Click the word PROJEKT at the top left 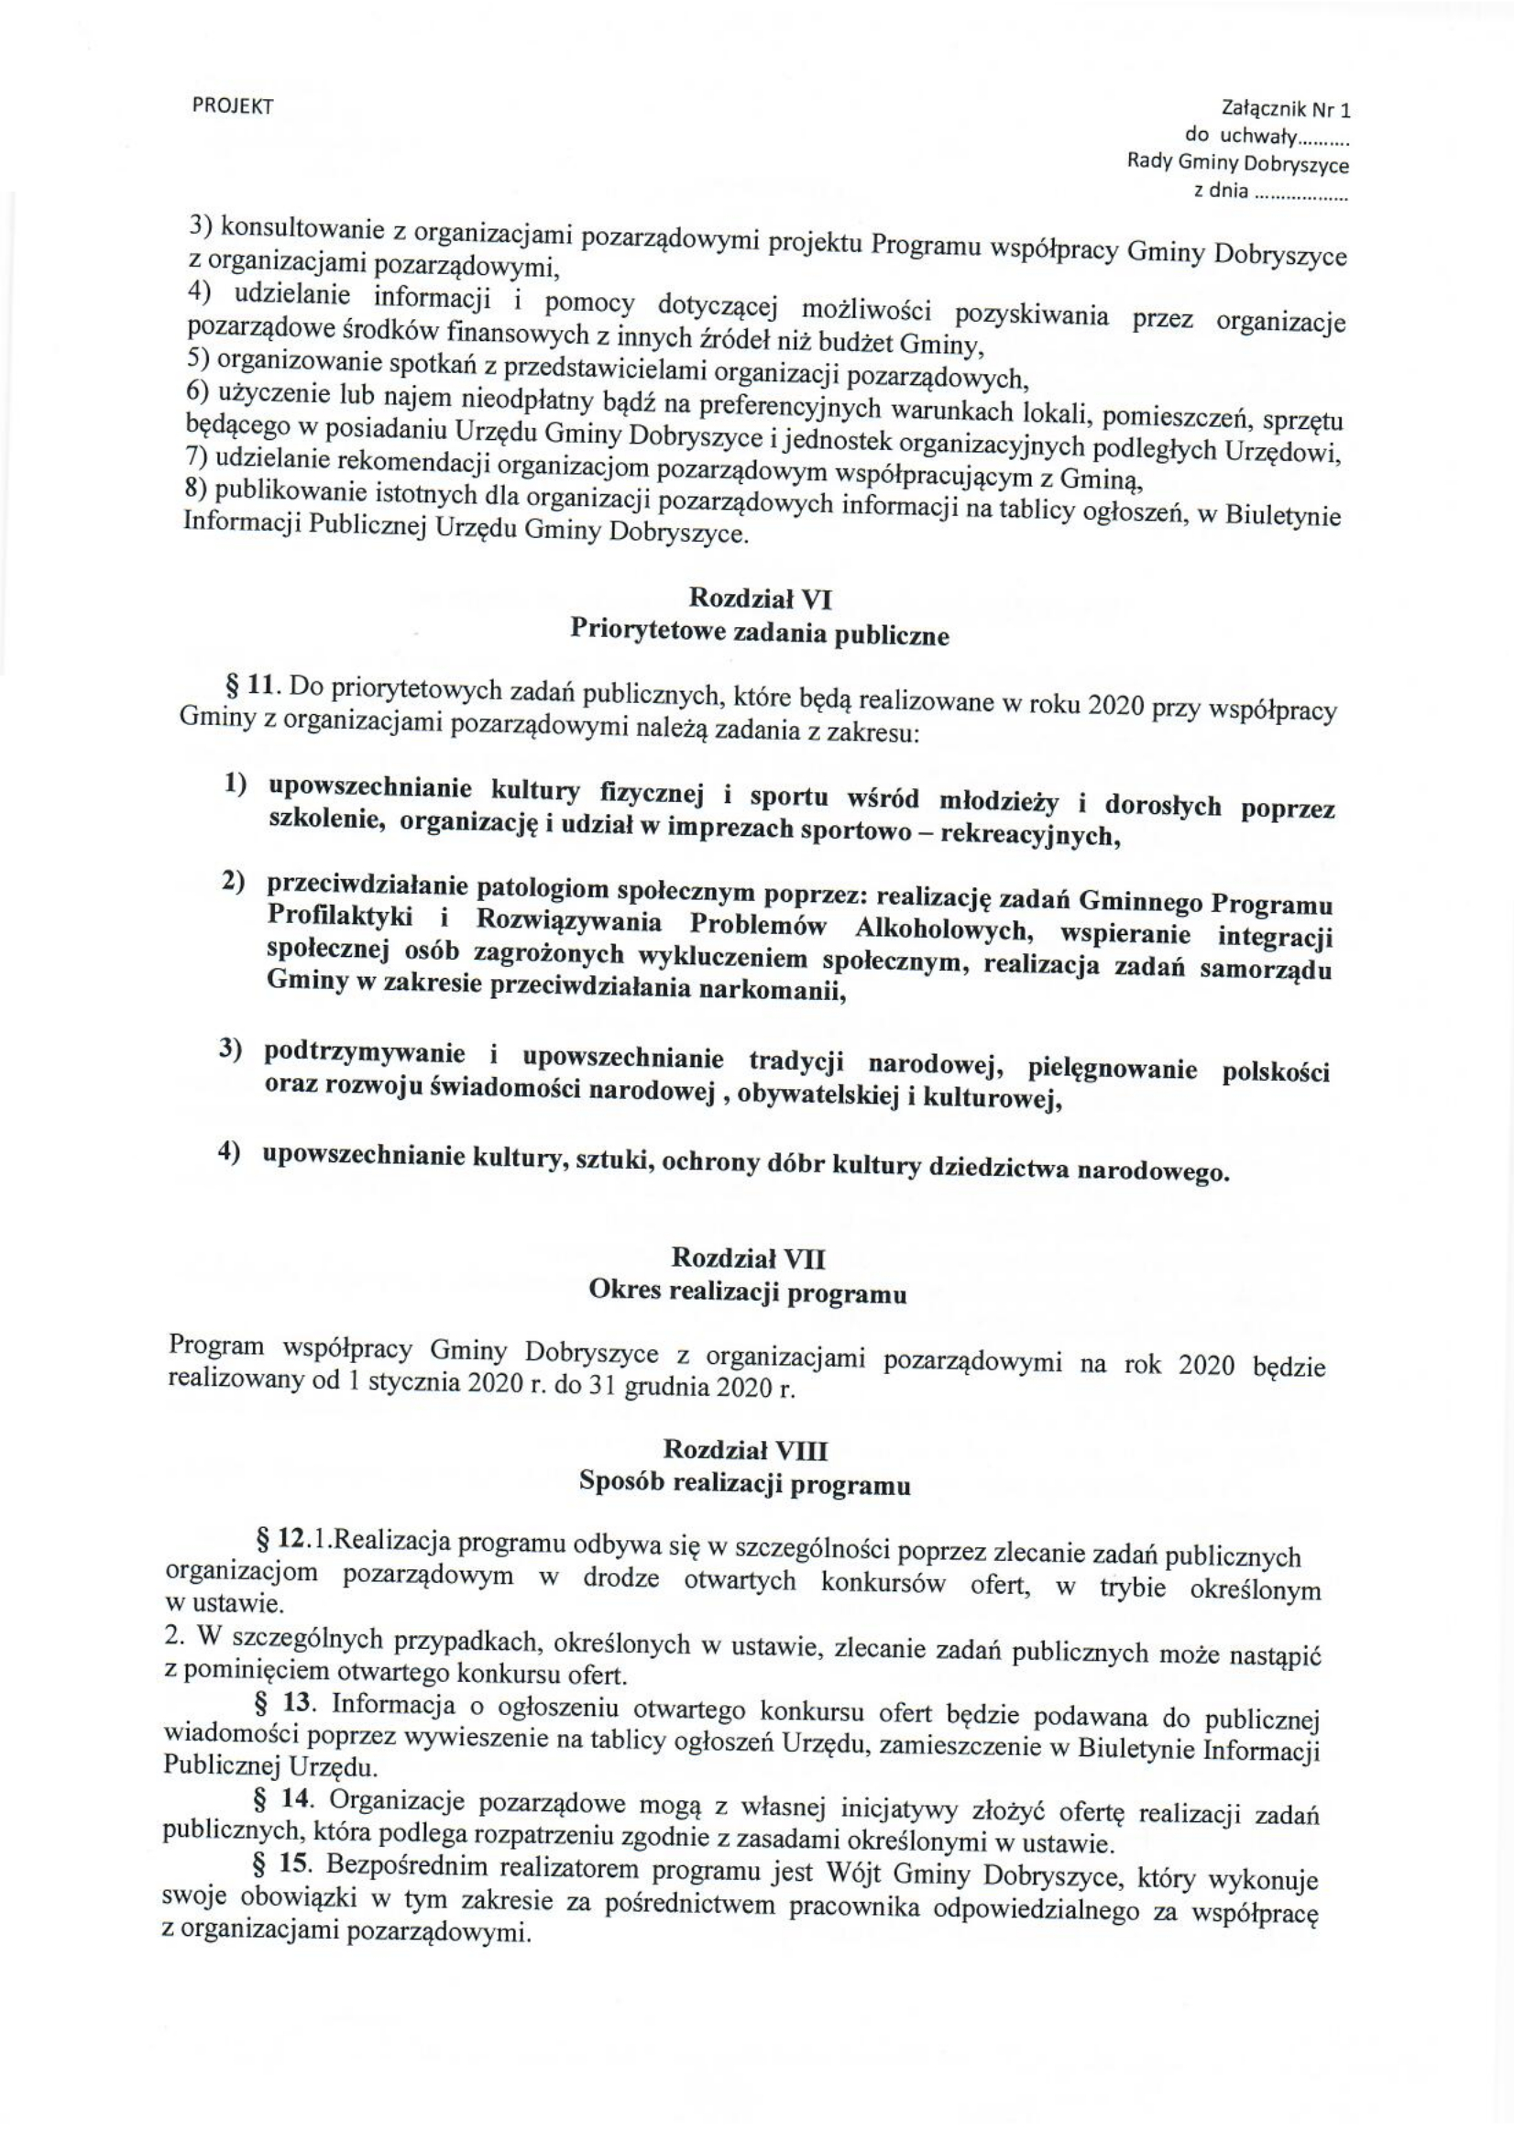[x=233, y=106]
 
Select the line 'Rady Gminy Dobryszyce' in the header [x=1238, y=164]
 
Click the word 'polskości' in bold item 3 [x=1275, y=1071]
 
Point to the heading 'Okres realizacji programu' [x=748, y=1294]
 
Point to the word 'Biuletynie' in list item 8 [x=1289, y=515]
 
